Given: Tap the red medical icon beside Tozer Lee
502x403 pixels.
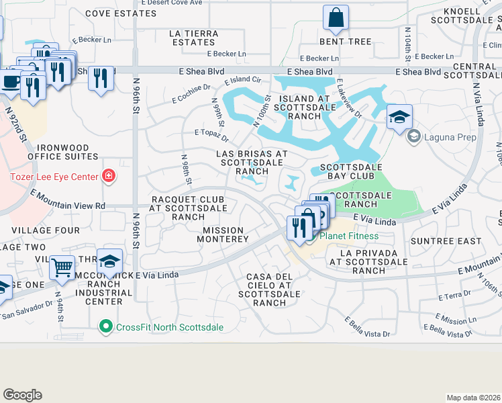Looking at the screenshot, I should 107,177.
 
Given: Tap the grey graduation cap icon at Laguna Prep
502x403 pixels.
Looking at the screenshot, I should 414,137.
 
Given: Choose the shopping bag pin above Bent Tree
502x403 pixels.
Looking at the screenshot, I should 335,18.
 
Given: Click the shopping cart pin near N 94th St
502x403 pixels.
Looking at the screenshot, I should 62,267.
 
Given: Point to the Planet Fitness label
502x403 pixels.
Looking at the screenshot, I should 348,236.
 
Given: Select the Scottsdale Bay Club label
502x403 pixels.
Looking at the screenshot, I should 351,167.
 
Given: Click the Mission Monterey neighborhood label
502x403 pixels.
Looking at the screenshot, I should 226,234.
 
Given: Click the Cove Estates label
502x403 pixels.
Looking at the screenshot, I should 110,13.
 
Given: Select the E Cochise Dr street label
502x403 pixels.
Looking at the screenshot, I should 191,93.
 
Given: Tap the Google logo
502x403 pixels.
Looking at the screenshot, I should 22,395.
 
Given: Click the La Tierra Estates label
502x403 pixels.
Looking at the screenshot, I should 193,38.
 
